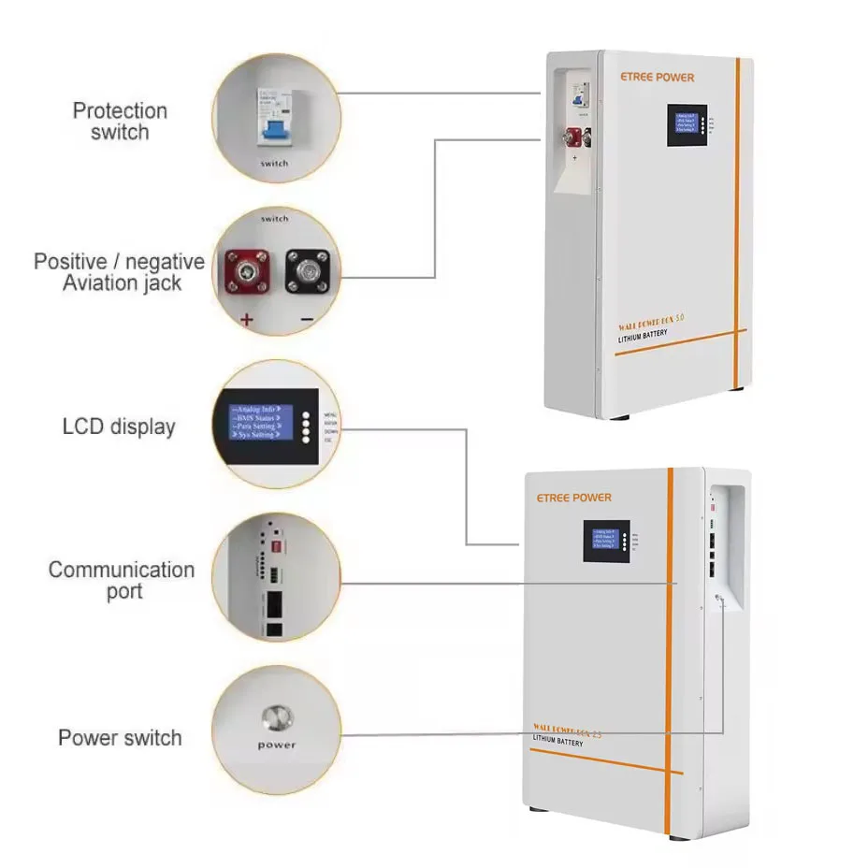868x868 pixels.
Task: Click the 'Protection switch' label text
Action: click(120, 122)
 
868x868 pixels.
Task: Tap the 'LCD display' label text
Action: click(119, 427)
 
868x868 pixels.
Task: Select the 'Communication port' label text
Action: click(122, 580)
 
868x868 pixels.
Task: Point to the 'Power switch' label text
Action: click(120, 737)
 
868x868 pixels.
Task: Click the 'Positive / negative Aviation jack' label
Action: click(119, 271)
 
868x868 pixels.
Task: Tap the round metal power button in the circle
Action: click(277, 719)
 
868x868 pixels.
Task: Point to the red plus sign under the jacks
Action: click(247, 319)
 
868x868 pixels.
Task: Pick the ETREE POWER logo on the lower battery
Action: click(574, 498)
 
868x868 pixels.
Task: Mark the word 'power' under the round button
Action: click(277, 745)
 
